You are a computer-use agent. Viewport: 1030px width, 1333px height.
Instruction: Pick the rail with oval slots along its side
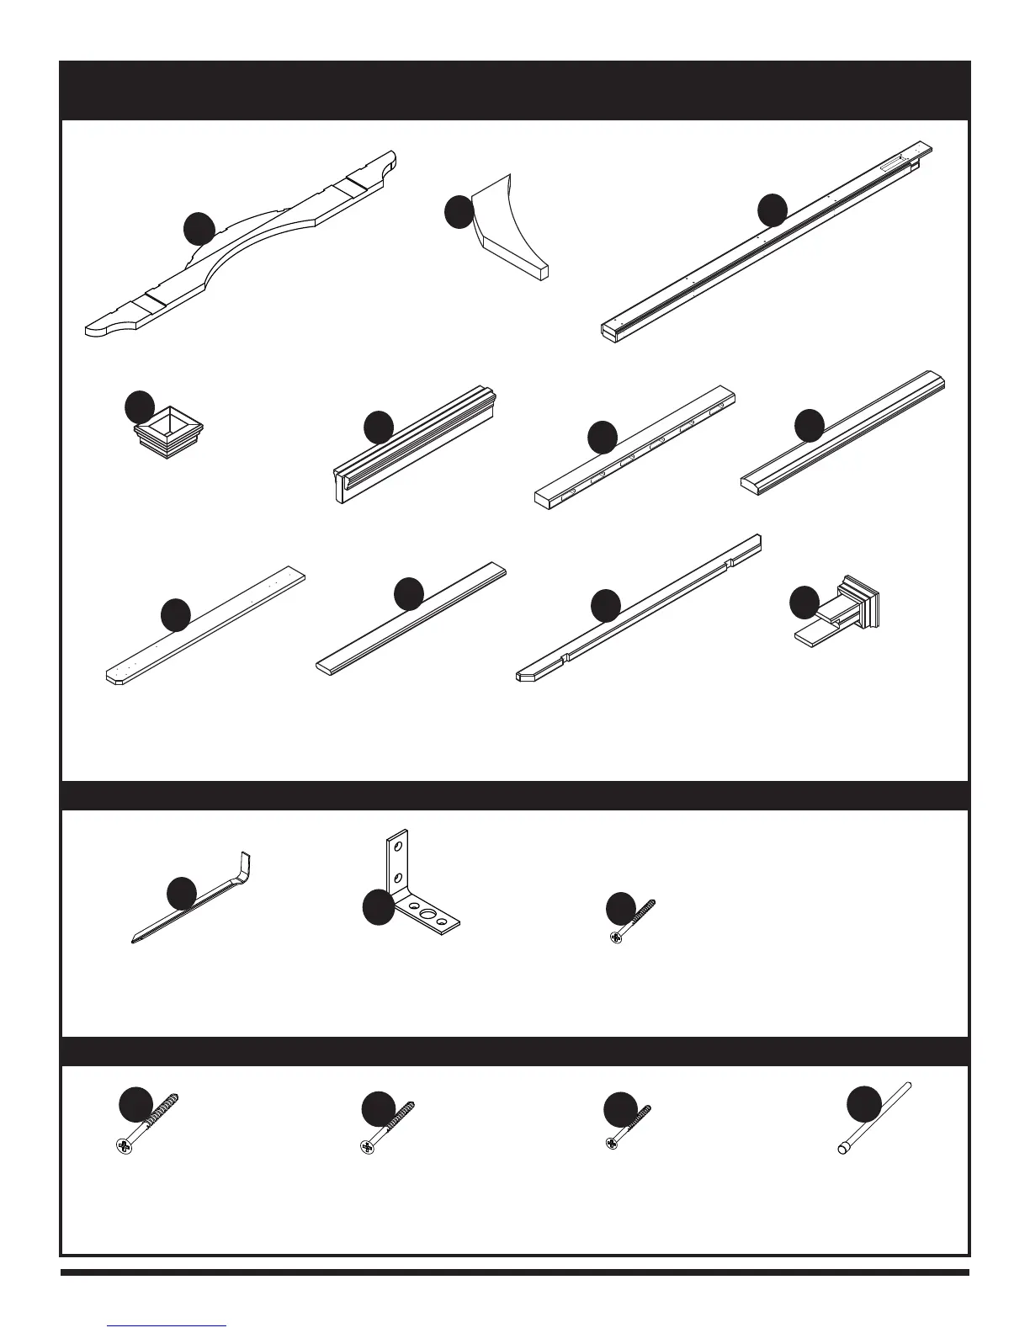click(x=635, y=446)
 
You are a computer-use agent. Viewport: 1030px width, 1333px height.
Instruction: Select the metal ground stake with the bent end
click(x=194, y=905)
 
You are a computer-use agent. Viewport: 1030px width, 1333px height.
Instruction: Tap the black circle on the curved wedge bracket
click(x=459, y=212)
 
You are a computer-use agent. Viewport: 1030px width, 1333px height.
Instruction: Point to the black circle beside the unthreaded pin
click(x=863, y=1104)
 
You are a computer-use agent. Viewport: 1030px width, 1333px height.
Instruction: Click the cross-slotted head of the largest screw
click(x=124, y=1144)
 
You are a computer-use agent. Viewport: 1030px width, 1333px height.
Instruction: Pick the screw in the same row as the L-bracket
click(x=631, y=921)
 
